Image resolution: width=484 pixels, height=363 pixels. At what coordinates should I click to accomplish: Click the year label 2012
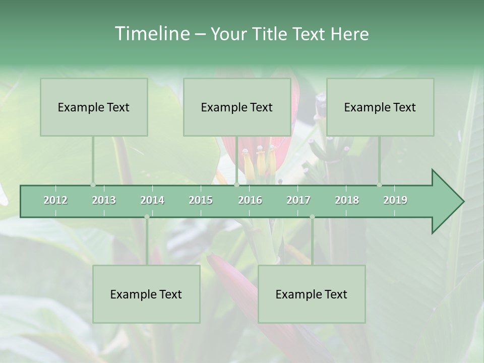[55, 200]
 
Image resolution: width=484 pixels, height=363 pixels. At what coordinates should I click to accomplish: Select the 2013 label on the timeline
[104, 200]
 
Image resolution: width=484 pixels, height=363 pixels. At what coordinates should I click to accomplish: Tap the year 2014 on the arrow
[152, 200]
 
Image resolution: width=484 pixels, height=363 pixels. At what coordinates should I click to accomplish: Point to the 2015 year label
[201, 200]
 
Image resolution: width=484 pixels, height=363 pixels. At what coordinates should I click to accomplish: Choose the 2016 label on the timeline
[250, 200]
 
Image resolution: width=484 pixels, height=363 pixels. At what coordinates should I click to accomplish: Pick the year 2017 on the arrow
[298, 200]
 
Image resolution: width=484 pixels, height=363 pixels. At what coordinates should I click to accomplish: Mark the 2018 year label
[347, 200]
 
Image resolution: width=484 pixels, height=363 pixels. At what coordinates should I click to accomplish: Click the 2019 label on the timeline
[395, 200]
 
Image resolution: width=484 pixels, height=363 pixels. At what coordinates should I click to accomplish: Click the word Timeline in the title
[152, 33]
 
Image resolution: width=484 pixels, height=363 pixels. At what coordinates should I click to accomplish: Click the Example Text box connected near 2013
[94, 107]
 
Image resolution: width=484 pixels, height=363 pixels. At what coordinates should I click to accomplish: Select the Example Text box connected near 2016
[237, 107]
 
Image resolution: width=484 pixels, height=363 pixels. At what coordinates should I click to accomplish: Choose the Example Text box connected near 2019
[380, 107]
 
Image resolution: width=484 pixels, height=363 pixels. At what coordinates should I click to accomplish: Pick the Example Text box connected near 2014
[146, 294]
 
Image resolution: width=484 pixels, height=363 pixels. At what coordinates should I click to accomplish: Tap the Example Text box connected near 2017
[312, 294]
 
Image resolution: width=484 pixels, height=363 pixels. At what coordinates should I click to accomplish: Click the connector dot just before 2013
[93, 185]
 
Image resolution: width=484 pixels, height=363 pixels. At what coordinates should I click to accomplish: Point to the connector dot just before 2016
[236, 185]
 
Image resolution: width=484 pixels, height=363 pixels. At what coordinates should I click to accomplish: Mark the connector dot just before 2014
[147, 217]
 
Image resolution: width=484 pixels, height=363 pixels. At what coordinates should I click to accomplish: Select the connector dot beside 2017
[312, 217]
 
